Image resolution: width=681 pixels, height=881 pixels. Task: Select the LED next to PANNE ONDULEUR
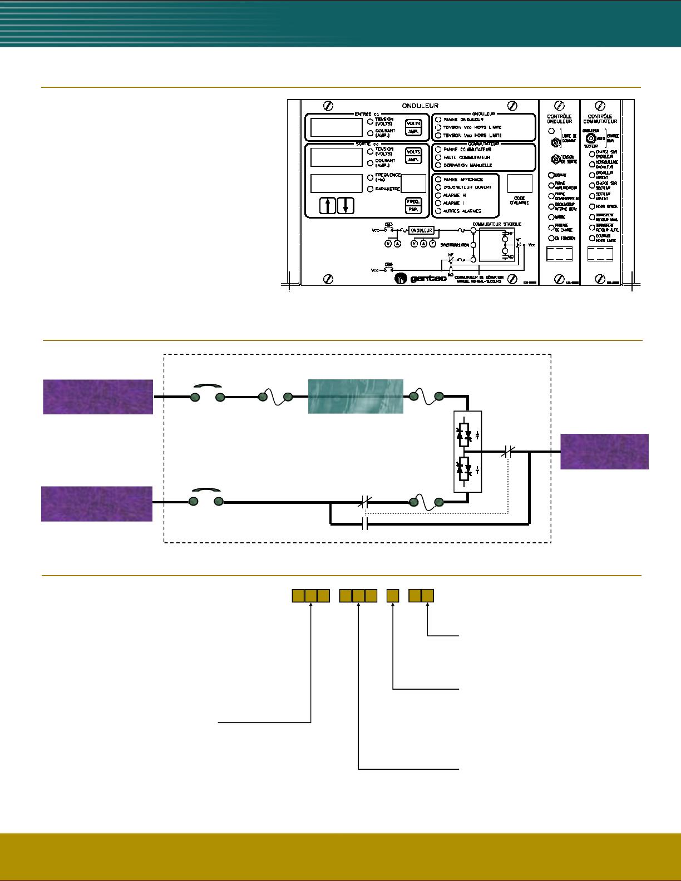(438, 120)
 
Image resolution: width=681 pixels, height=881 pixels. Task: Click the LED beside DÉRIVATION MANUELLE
(438, 165)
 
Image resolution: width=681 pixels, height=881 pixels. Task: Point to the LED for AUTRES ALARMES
(438, 211)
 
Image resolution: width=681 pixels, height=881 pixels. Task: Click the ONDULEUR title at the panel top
(420, 105)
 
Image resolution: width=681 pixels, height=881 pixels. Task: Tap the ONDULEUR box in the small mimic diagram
(421, 230)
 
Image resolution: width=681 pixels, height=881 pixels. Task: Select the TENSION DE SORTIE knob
(555, 159)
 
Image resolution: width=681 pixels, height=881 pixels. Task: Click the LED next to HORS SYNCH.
(591, 206)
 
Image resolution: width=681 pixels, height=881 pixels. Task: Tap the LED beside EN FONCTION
(551, 239)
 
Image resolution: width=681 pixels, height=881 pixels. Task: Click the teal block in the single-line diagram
(356, 396)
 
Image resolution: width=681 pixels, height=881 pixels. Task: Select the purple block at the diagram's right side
(604, 451)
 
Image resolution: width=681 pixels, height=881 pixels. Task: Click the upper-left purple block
(98, 397)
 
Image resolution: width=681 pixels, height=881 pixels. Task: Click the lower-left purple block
(97, 503)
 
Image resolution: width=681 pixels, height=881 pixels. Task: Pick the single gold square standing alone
(393, 596)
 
